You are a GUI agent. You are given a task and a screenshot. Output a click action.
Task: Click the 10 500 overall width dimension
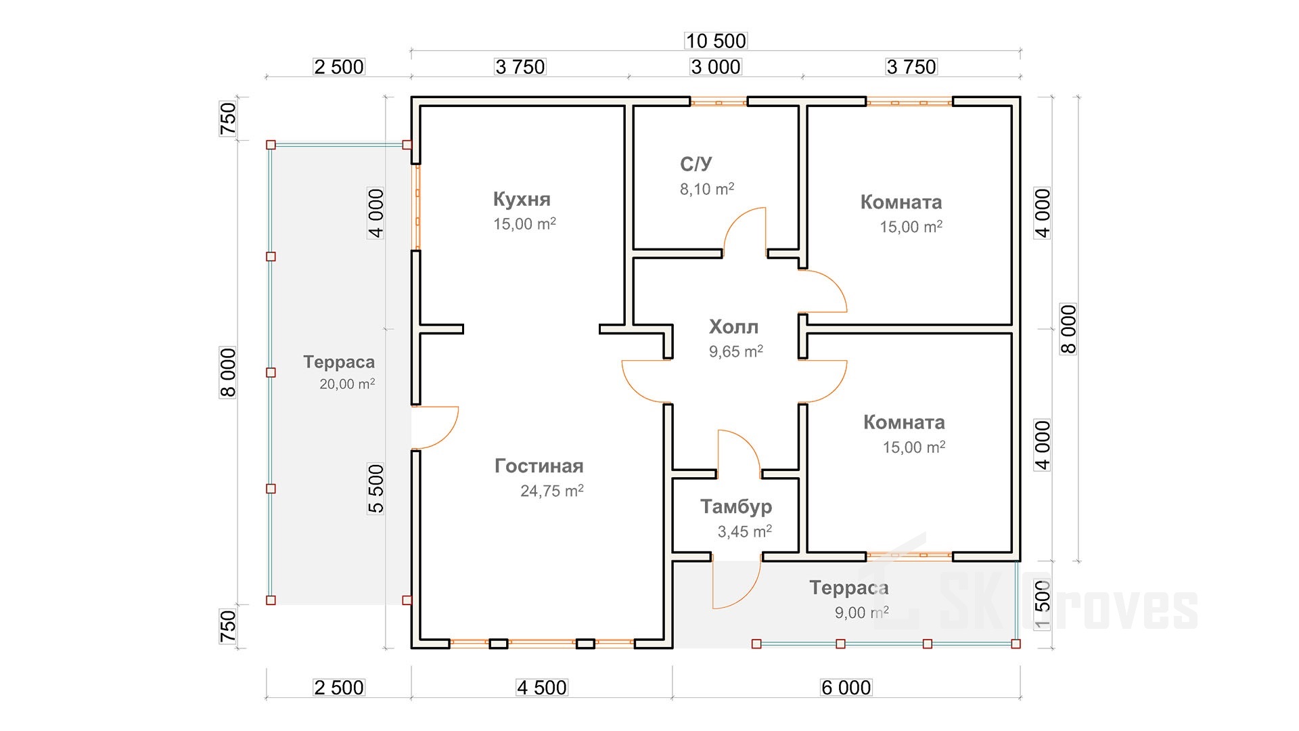pyautogui.click(x=716, y=41)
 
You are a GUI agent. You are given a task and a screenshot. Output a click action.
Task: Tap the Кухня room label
pyautogui.click(x=522, y=199)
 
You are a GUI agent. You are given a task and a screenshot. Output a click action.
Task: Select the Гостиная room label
pyautogui.click(x=539, y=466)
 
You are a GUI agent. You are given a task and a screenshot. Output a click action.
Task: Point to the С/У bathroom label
pyautogui.click(x=696, y=164)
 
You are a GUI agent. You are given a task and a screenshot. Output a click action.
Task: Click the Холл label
pyautogui.click(x=733, y=327)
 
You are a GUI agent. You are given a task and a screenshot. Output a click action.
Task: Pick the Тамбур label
pyautogui.click(x=736, y=506)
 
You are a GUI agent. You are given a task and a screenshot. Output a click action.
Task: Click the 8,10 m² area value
pyautogui.click(x=707, y=189)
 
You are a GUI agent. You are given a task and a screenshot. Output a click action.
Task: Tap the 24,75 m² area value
pyautogui.click(x=551, y=491)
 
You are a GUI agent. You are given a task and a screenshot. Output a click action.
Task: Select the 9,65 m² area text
pyautogui.click(x=735, y=351)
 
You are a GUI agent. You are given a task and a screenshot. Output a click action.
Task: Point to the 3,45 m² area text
pyautogui.click(x=744, y=531)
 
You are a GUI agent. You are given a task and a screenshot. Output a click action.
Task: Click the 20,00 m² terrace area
pyautogui.click(x=347, y=384)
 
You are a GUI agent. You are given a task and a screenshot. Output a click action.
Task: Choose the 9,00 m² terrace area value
pyautogui.click(x=861, y=613)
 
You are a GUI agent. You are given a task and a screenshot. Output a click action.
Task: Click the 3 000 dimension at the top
pyautogui.click(x=716, y=67)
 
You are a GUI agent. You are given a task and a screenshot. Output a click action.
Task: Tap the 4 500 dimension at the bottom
pyautogui.click(x=542, y=688)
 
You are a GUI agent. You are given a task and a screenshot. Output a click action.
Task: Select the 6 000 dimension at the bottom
pyautogui.click(x=846, y=688)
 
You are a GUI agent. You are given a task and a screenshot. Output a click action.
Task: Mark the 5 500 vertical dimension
pyautogui.click(x=376, y=488)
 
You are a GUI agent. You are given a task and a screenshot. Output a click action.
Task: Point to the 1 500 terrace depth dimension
pyautogui.click(x=1043, y=604)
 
